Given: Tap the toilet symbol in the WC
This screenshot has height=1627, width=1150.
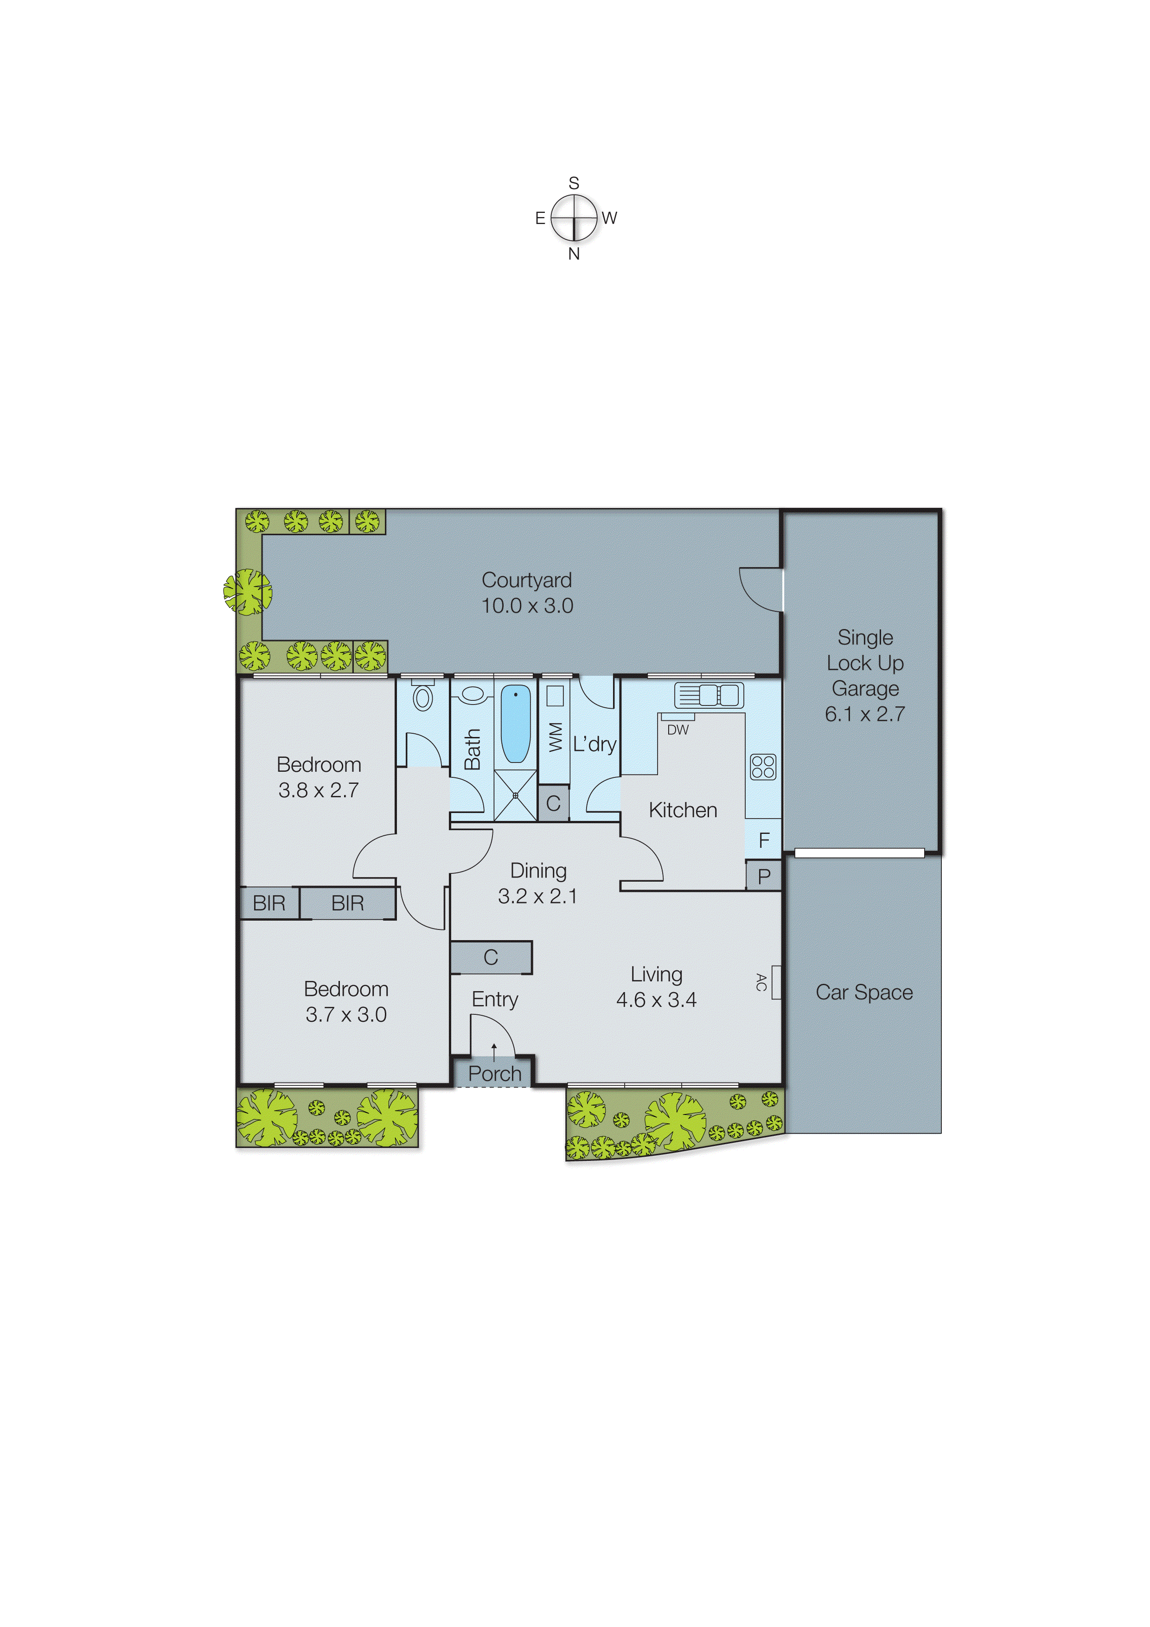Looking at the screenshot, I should point(423,697).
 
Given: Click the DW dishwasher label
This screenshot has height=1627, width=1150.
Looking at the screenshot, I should point(677,730).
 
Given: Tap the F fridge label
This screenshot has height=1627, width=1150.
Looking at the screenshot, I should point(764,840).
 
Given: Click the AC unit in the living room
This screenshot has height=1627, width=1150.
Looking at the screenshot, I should point(776,982).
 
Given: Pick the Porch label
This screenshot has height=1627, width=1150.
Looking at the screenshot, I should point(495,1074).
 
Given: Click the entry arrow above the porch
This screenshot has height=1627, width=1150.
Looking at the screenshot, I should point(494,1051).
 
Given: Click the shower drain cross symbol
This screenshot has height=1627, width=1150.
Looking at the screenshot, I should point(515,795).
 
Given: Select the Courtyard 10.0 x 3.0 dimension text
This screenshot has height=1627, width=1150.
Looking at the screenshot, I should point(527,606).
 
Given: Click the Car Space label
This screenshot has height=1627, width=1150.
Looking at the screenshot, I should point(864,992).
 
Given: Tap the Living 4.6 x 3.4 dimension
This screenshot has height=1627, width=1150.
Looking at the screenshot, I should point(656,1000).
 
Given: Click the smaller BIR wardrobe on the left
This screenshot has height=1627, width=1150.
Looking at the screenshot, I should point(269,903).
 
